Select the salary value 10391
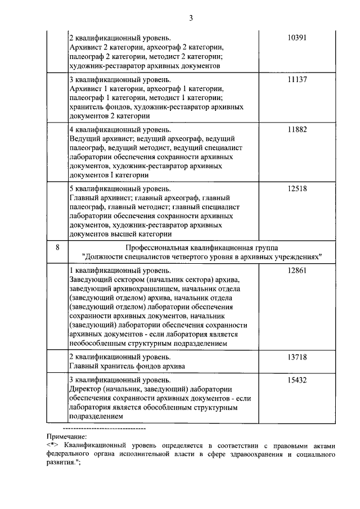[x=297, y=38]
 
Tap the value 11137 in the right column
[x=297, y=80]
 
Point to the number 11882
[x=297, y=129]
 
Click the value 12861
[x=297, y=271]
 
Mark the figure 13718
[x=297, y=357]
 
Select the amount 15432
[x=297, y=380]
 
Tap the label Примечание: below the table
[x=66, y=435]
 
